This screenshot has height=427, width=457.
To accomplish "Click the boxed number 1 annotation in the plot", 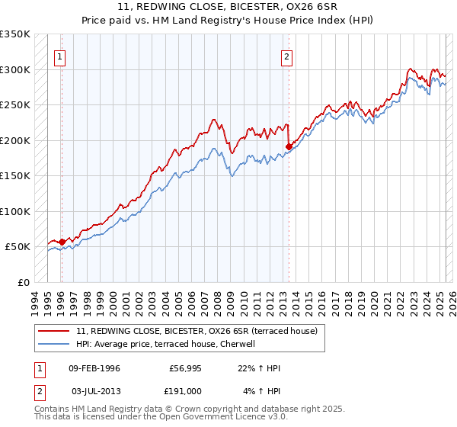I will click(60, 56).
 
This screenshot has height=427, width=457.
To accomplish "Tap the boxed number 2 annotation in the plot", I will click(286, 56).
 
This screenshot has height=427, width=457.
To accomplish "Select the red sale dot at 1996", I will click(62, 242).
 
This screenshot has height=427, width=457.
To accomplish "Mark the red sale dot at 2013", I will click(289, 146).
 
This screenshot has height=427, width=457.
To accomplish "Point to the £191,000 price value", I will click(184, 390).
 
